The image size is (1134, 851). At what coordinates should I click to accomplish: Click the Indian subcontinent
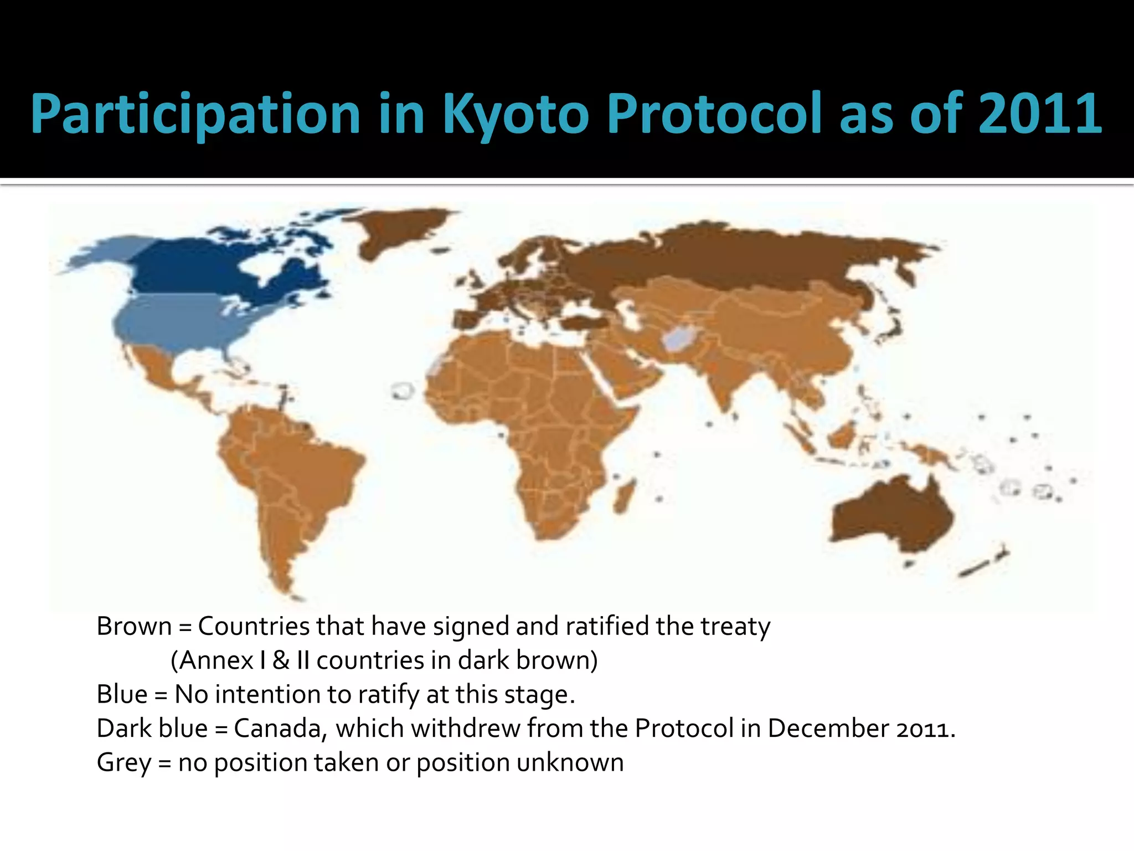[x=720, y=377]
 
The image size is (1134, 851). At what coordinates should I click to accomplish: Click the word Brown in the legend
[x=134, y=627]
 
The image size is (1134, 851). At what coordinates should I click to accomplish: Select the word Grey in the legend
[x=123, y=763]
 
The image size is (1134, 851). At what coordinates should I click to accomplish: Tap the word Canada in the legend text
[x=277, y=729]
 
